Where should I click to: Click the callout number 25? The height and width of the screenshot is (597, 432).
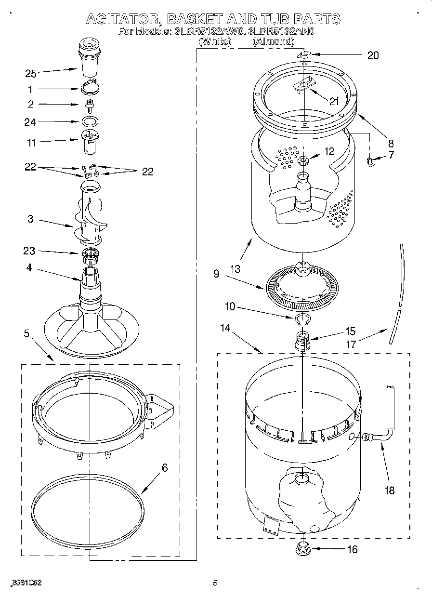(x=31, y=74)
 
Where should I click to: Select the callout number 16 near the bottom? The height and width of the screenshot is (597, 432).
(x=352, y=549)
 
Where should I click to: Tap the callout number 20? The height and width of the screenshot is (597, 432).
(x=373, y=55)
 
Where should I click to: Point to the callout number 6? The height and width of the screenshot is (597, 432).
(x=165, y=467)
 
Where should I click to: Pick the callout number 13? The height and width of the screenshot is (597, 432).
(x=236, y=268)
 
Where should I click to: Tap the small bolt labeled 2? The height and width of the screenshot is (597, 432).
(x=89, y=104)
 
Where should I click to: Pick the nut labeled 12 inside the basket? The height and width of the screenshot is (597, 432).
(x=303, y=160)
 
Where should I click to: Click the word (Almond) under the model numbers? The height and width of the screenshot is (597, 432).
(x=273, y=42)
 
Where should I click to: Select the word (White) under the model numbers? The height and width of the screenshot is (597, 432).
(x=215, y=42)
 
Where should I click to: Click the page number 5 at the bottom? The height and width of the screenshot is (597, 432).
(x=215, y=583)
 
